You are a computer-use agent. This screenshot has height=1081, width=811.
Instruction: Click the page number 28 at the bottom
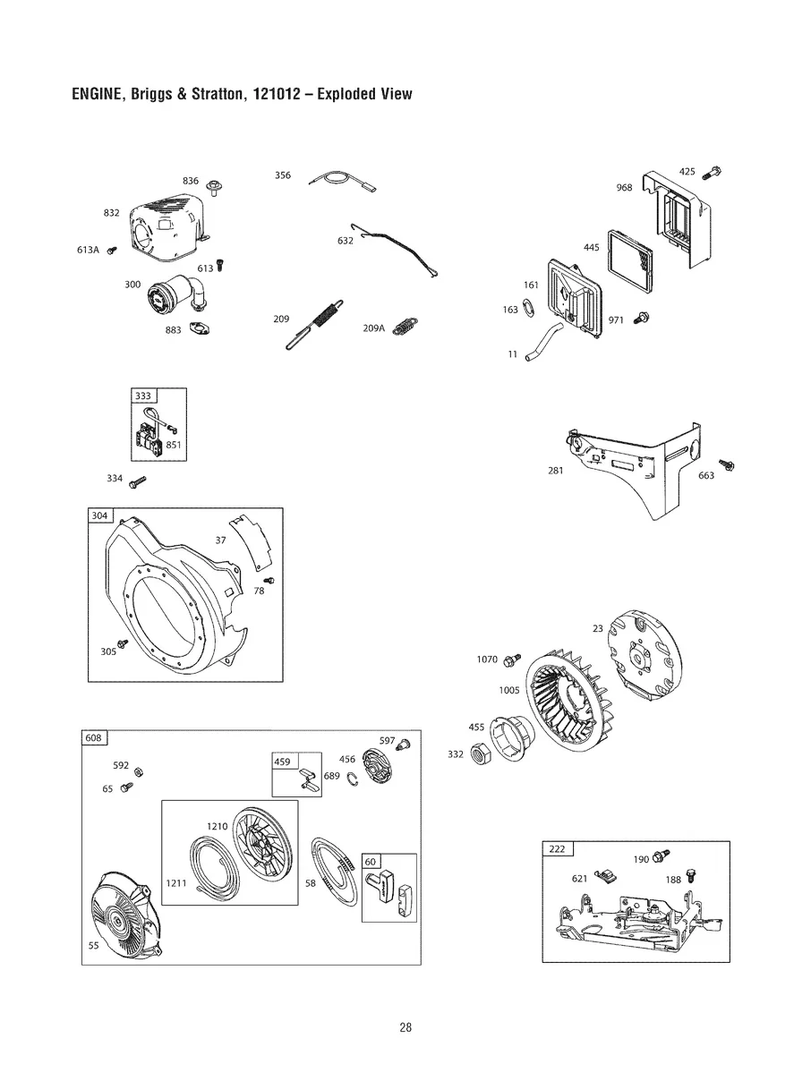coord(405,1027)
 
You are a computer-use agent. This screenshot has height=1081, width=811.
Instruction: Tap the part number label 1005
coord(509,690)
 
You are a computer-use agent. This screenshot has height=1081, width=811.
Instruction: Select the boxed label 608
coord(94,738)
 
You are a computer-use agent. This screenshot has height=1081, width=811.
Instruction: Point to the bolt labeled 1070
coord(512,660)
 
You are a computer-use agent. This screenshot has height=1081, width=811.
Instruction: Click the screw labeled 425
coord(713,172)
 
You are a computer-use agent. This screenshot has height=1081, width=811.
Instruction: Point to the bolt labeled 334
coord(138,481)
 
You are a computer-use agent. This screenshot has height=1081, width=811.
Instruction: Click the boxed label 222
coord(557,849)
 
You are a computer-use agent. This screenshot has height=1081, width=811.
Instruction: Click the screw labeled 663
coord(727,464)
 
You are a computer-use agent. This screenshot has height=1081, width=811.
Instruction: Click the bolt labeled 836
coord(214,186)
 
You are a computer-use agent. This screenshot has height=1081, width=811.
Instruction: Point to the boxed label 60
coord(371,861)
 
